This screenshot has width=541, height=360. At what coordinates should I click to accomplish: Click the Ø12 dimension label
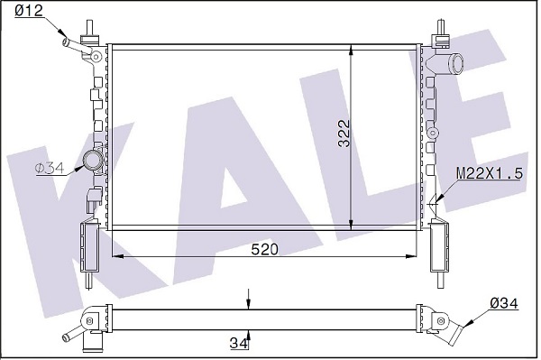pyautogui.click(x=29, y=11)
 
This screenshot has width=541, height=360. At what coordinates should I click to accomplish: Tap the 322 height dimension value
pyautogui.click(x=344, y=134)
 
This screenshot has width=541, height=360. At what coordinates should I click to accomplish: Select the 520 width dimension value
pyautogui.click(x=264, y=249)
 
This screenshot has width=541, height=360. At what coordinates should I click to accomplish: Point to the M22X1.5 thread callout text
pyautogui.click(x=490, y=173)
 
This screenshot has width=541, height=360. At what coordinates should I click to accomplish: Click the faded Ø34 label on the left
pyautogui.click(x=50, y=169)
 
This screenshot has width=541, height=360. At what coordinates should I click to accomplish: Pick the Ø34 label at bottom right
pyautogui.click(x=504, y=304)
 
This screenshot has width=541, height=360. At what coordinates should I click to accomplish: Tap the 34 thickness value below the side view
pyautogui.click(x=239, y=343)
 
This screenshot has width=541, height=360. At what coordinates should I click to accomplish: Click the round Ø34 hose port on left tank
pyautogui.click(x=93, y=161)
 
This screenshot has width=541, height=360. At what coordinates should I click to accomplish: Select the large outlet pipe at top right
pyautogui.click(x=454, y=63)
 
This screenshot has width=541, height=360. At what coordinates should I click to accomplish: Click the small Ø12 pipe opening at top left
pyautogui.click(x=65, y=42)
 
